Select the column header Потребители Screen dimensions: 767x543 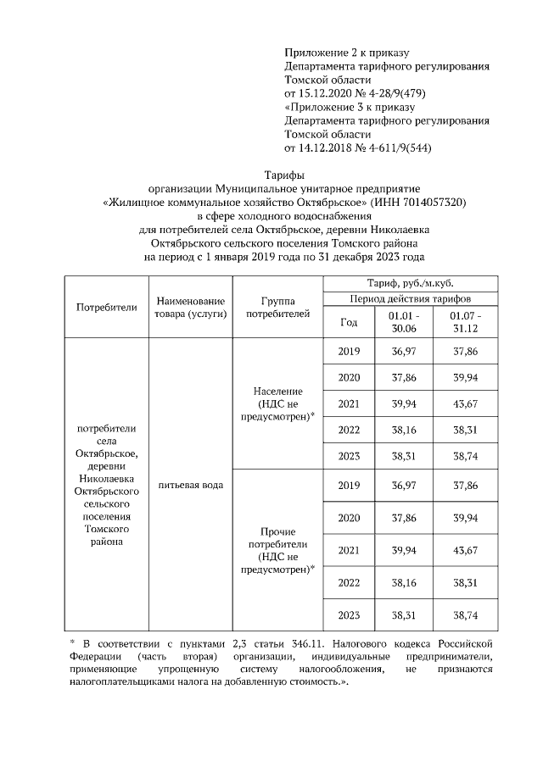click(106, 307)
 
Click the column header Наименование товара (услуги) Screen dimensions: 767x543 click(178, 307)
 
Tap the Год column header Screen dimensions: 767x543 click(349, 322)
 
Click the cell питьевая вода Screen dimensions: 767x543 click(178, 485)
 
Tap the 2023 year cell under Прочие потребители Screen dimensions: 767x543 click(349, 614)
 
